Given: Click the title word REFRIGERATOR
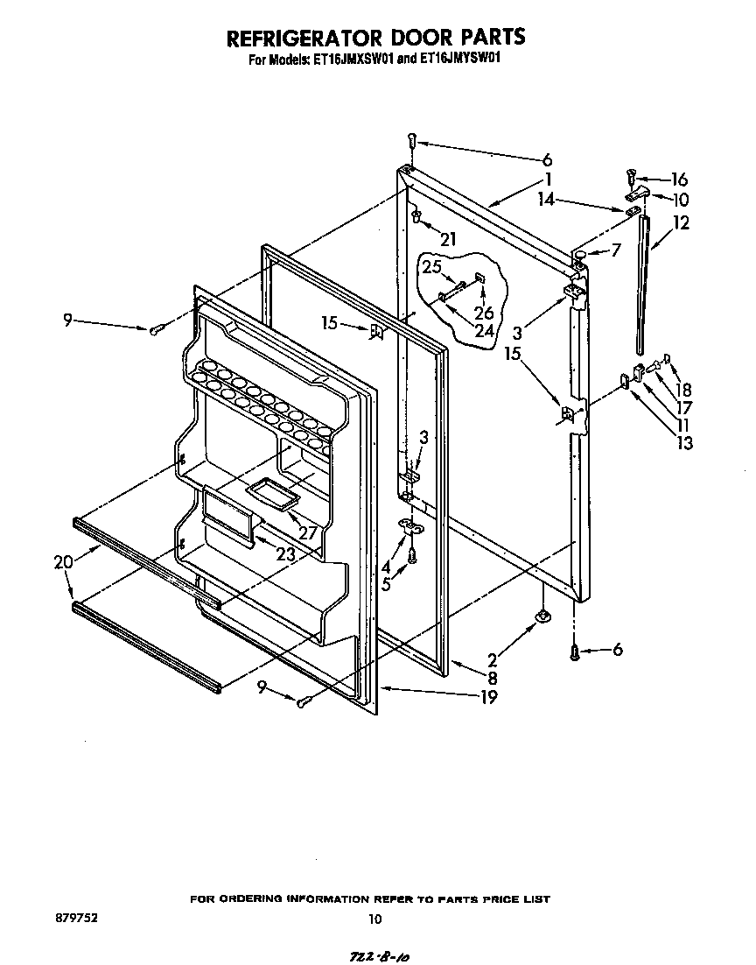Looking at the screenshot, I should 300,38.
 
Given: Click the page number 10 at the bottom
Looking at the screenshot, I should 375,919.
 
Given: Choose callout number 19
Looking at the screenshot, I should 488,697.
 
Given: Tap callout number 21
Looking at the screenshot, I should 449,239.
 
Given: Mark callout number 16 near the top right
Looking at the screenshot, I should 679,178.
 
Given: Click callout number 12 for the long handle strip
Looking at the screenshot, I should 680,223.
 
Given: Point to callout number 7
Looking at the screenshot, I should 616,250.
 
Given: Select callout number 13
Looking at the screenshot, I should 683,443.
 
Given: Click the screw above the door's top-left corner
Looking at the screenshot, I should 411,140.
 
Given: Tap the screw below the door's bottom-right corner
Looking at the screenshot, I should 574,652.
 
